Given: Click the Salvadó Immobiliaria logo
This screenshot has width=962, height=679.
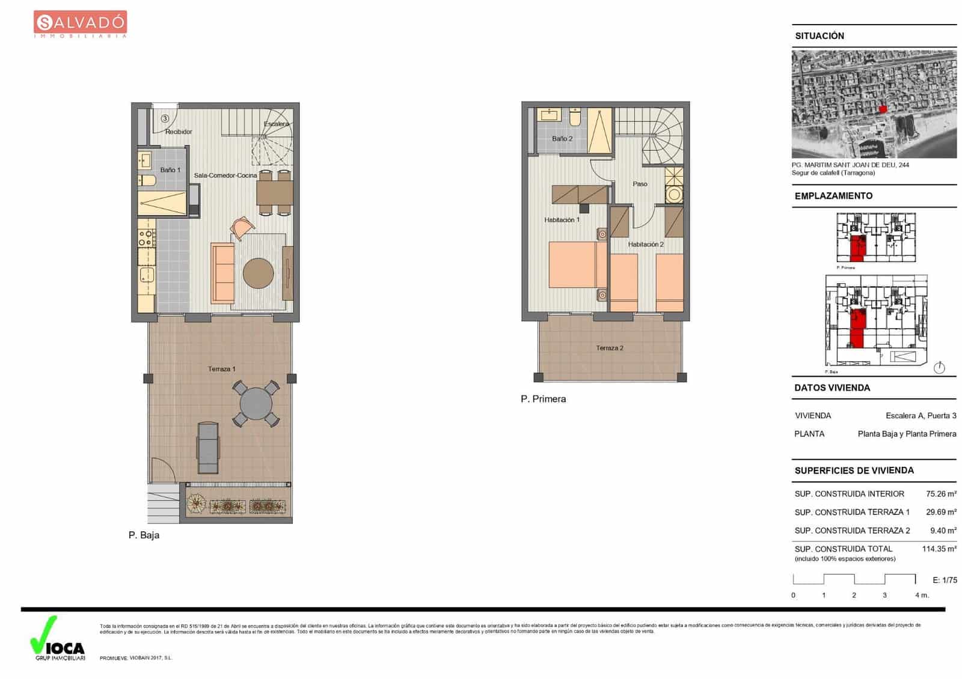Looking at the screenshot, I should (80, 25).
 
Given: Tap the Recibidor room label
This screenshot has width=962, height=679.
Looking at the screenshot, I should (179, 132).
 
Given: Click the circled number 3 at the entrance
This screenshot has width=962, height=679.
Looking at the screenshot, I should (165, 119).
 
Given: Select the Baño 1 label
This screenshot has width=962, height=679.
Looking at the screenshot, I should (170, 170).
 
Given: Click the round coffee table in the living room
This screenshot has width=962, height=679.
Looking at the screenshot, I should (258, 273).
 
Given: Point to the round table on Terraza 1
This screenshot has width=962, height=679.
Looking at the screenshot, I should (256, 403).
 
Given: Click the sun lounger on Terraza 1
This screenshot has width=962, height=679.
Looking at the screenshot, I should (208, 448).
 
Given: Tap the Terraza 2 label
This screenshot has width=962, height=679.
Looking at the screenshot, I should (610, 348).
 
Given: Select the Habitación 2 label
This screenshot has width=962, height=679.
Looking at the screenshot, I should (646, 245).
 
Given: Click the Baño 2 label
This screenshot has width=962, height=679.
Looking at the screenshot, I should (562, 139).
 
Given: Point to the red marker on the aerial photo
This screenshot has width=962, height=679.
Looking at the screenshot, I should (883, 109).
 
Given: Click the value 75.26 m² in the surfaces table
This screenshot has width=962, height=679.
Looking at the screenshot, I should (940, 494).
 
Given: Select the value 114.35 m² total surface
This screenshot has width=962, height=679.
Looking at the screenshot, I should (939, 549).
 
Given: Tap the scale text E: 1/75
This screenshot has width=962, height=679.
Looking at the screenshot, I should (945, 580).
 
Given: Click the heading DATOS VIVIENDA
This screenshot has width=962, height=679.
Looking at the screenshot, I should (832, 388).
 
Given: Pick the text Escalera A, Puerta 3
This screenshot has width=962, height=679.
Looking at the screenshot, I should (921, 416).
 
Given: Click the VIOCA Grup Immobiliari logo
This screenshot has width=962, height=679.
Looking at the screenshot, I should (58, 640).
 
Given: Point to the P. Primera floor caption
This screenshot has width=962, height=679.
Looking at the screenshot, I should (543, 399).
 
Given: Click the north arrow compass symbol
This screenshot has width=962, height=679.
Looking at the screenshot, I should (939, 368).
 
